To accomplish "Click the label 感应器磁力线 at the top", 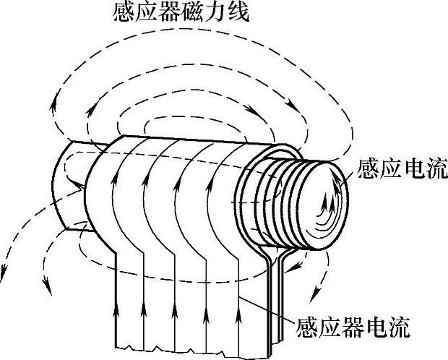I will point(181,14).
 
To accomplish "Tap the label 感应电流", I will point(402,170).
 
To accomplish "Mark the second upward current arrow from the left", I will point(145,314).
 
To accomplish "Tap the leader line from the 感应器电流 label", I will point(267,304).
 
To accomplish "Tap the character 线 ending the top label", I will point(238,14).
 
